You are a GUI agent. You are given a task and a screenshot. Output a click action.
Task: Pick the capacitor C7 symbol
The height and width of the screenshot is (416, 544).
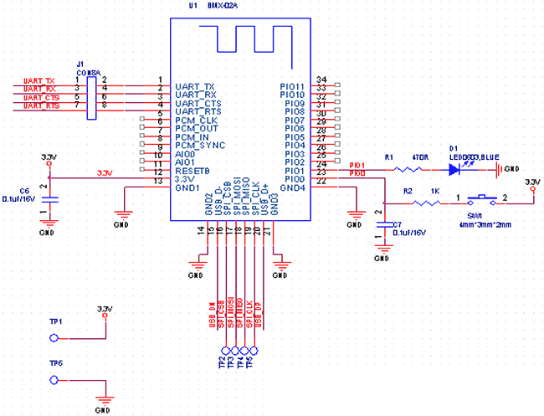[x=384, y=227]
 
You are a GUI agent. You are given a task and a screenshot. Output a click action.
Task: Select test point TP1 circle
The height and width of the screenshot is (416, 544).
[x=55, y=337]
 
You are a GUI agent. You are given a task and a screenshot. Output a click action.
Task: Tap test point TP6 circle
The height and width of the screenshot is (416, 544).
[x=55, y=381]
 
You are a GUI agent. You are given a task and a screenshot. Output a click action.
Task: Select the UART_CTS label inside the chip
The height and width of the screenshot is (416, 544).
[x=198, y=103]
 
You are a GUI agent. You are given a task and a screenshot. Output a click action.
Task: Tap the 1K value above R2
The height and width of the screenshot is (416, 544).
[x=434, y=191]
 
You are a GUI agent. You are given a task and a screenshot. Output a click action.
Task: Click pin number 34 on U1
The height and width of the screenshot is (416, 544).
[x=321, y=79]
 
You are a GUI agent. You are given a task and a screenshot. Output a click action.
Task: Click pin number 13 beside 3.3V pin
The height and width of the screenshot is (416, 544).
[x=158, y=181]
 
